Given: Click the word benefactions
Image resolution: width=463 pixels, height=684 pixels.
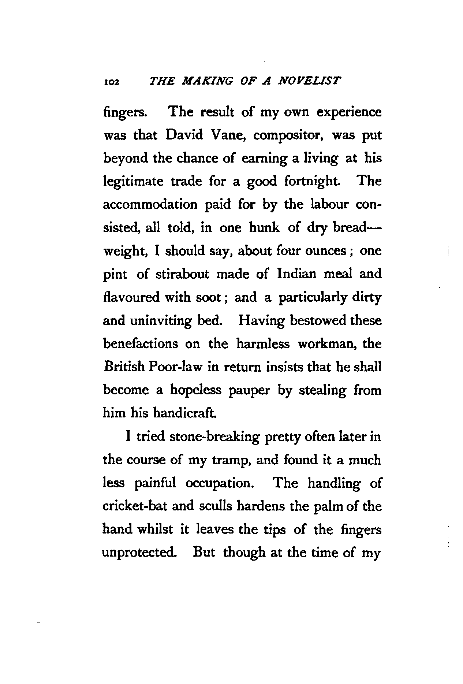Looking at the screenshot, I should (x=141, y=344).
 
